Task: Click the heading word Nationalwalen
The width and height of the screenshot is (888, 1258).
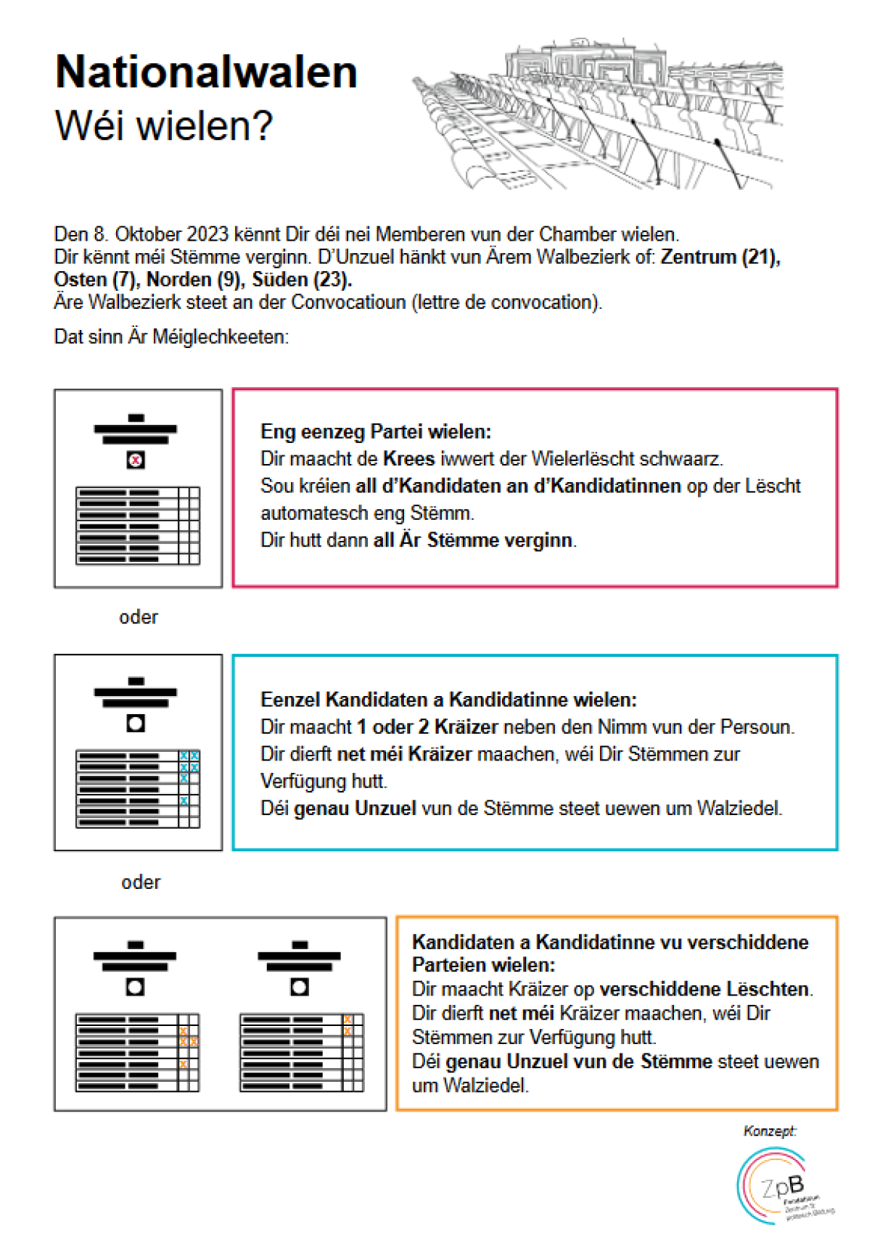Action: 206,73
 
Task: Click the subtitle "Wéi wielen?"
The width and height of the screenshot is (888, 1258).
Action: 163,125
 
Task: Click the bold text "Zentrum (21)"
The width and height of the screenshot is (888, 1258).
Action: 719,257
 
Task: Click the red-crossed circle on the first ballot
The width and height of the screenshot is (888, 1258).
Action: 136,460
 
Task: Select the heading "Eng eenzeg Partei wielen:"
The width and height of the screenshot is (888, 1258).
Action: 376,432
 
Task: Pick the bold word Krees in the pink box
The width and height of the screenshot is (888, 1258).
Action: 408,459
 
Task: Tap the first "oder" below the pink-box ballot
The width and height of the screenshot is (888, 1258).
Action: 139,617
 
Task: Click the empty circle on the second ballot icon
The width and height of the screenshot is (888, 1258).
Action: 136,723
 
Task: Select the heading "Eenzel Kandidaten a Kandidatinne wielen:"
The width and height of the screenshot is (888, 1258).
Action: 448,700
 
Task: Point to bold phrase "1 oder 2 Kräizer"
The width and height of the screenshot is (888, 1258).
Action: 427,727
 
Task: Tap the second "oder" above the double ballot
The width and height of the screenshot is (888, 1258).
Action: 141,882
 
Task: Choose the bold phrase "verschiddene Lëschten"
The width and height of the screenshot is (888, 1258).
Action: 704,990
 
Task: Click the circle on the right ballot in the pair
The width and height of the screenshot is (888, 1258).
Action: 300,987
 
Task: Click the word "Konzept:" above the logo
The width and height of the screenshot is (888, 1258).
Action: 770,1131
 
